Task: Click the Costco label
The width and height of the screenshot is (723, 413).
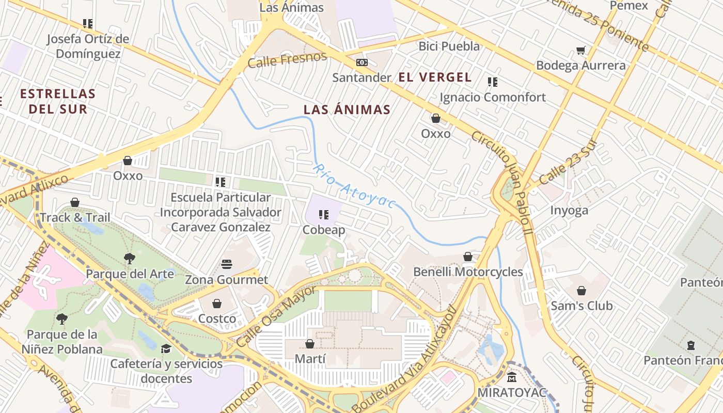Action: (x=217, y=319)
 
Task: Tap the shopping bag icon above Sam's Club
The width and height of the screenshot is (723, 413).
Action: (x=581, y=291)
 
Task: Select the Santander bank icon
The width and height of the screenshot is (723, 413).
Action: (x=362, y=62)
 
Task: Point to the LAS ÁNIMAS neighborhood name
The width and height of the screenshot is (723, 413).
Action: (x=347, y=109)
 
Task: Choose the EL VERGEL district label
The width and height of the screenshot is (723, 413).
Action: (x=435, y=77)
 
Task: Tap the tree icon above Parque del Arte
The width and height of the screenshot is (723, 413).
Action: (x=130, y=259)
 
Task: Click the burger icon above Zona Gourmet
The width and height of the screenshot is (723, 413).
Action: (x=227, y=264)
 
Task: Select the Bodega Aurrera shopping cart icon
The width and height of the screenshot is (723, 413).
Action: (x=581, y=51)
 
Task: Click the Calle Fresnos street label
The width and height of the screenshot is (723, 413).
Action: (x=287, y=60)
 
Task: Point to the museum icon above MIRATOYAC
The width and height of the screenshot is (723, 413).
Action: (x=511, y=377)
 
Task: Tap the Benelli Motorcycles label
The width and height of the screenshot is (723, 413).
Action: (x=468, y=272)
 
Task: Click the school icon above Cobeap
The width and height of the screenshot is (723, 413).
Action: (x=324, y=215)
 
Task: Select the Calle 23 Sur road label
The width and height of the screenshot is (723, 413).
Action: (x=568, y=163)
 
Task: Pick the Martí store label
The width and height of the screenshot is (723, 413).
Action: (x=310, y=358)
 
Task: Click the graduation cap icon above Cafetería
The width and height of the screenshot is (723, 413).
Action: (x=166, y=349)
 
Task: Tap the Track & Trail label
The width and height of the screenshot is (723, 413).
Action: (x=75, y=217)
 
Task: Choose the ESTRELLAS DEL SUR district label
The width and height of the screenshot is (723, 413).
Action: (x=58, y=101)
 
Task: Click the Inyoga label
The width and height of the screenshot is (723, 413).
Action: (x=569, y=210)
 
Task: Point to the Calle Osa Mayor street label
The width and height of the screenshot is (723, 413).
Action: (x=276, y=316)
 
